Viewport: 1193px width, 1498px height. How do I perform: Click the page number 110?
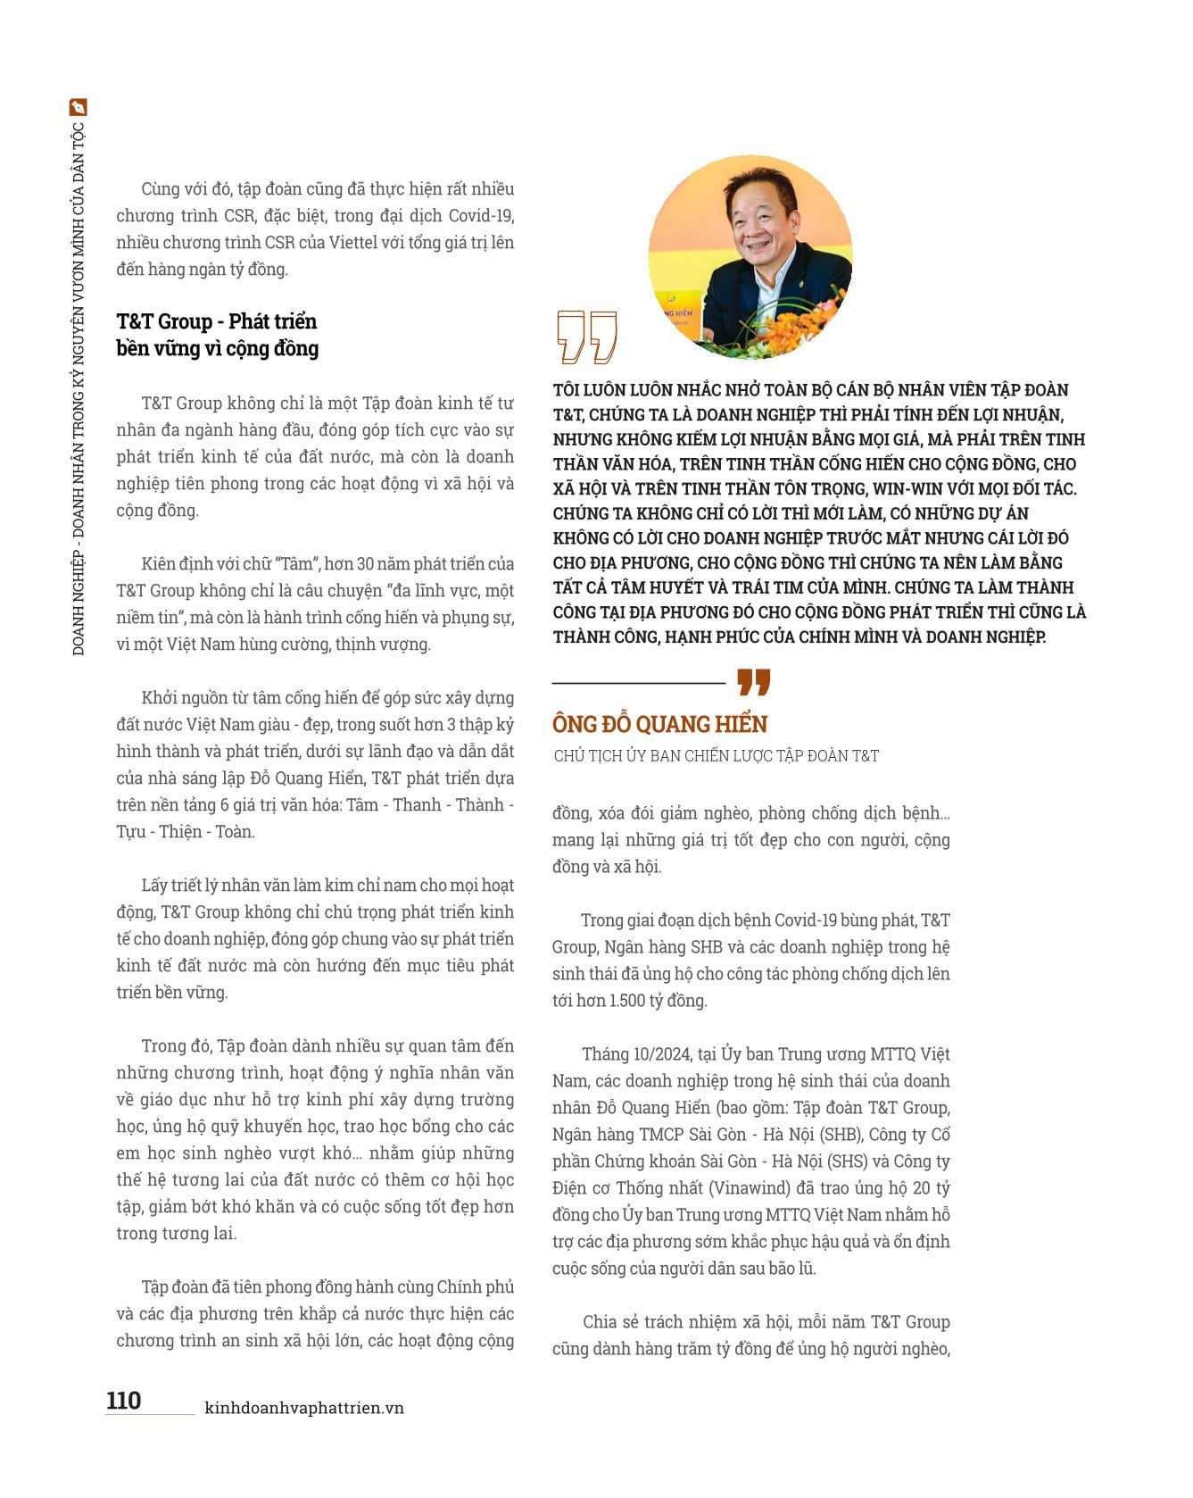tap(123, 1399)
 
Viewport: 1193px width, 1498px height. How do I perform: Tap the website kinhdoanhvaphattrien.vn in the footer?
tap(304, 1408)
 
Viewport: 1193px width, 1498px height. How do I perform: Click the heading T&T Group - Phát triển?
tap(216, 321)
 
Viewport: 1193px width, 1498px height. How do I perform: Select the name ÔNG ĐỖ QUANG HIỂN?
tap(659, 724)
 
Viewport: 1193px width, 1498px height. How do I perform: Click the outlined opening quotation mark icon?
tap(585, 337)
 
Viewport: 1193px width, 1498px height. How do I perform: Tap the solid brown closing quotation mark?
tap(753, 682)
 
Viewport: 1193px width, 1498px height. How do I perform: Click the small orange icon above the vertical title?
tap(79, 107)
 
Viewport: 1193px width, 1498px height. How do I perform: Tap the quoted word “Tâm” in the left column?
tap(296, 564)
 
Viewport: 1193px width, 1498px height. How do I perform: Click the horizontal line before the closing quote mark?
tap(638, 683)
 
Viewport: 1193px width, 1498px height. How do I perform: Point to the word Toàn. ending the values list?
tap(235, 832)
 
